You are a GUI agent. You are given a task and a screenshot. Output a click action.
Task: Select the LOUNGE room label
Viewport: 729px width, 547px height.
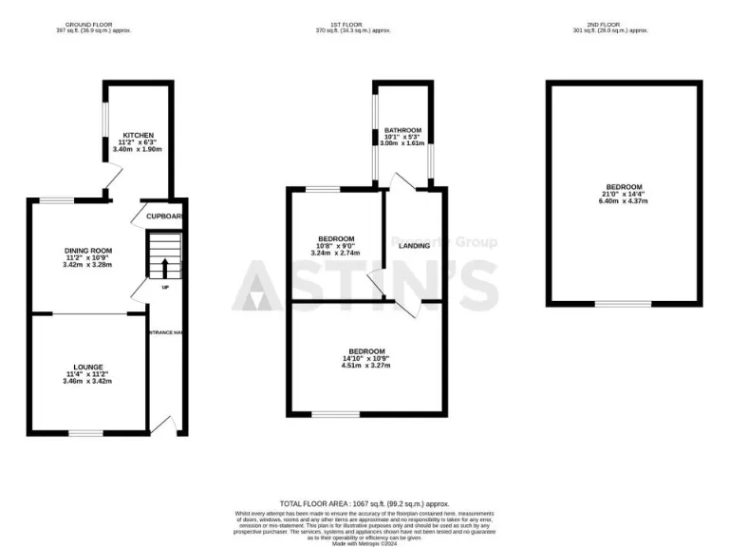(x=88, y=366)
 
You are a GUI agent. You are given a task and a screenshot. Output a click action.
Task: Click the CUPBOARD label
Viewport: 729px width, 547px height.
(x=163, y=217)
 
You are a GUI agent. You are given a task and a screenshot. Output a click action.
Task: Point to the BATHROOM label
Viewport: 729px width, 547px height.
(x=402, y=130)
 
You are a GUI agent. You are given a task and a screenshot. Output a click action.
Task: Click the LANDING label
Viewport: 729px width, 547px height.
(x=415, y=246)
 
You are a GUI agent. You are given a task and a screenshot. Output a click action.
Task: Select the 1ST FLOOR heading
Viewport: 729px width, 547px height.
(x=364, y=24)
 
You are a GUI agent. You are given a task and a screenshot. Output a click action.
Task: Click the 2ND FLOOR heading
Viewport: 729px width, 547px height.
(x=623, y=24)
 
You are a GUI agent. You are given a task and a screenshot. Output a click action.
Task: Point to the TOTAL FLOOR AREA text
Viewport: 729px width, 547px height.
(x=364, y=503)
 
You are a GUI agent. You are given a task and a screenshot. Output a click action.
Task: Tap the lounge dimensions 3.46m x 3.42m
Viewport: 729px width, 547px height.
(x=88, y=381)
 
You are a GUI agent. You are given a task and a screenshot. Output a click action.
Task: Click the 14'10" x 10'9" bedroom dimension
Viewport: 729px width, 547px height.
(x=366, y=358)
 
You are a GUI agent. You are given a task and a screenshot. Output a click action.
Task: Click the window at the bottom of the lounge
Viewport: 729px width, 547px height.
(x=85, y=433)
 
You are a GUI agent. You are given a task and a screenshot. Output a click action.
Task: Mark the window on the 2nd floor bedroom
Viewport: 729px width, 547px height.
(x=623, y=304)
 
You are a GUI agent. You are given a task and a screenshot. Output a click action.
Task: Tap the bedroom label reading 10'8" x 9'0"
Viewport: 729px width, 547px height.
(x=336, y=246)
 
